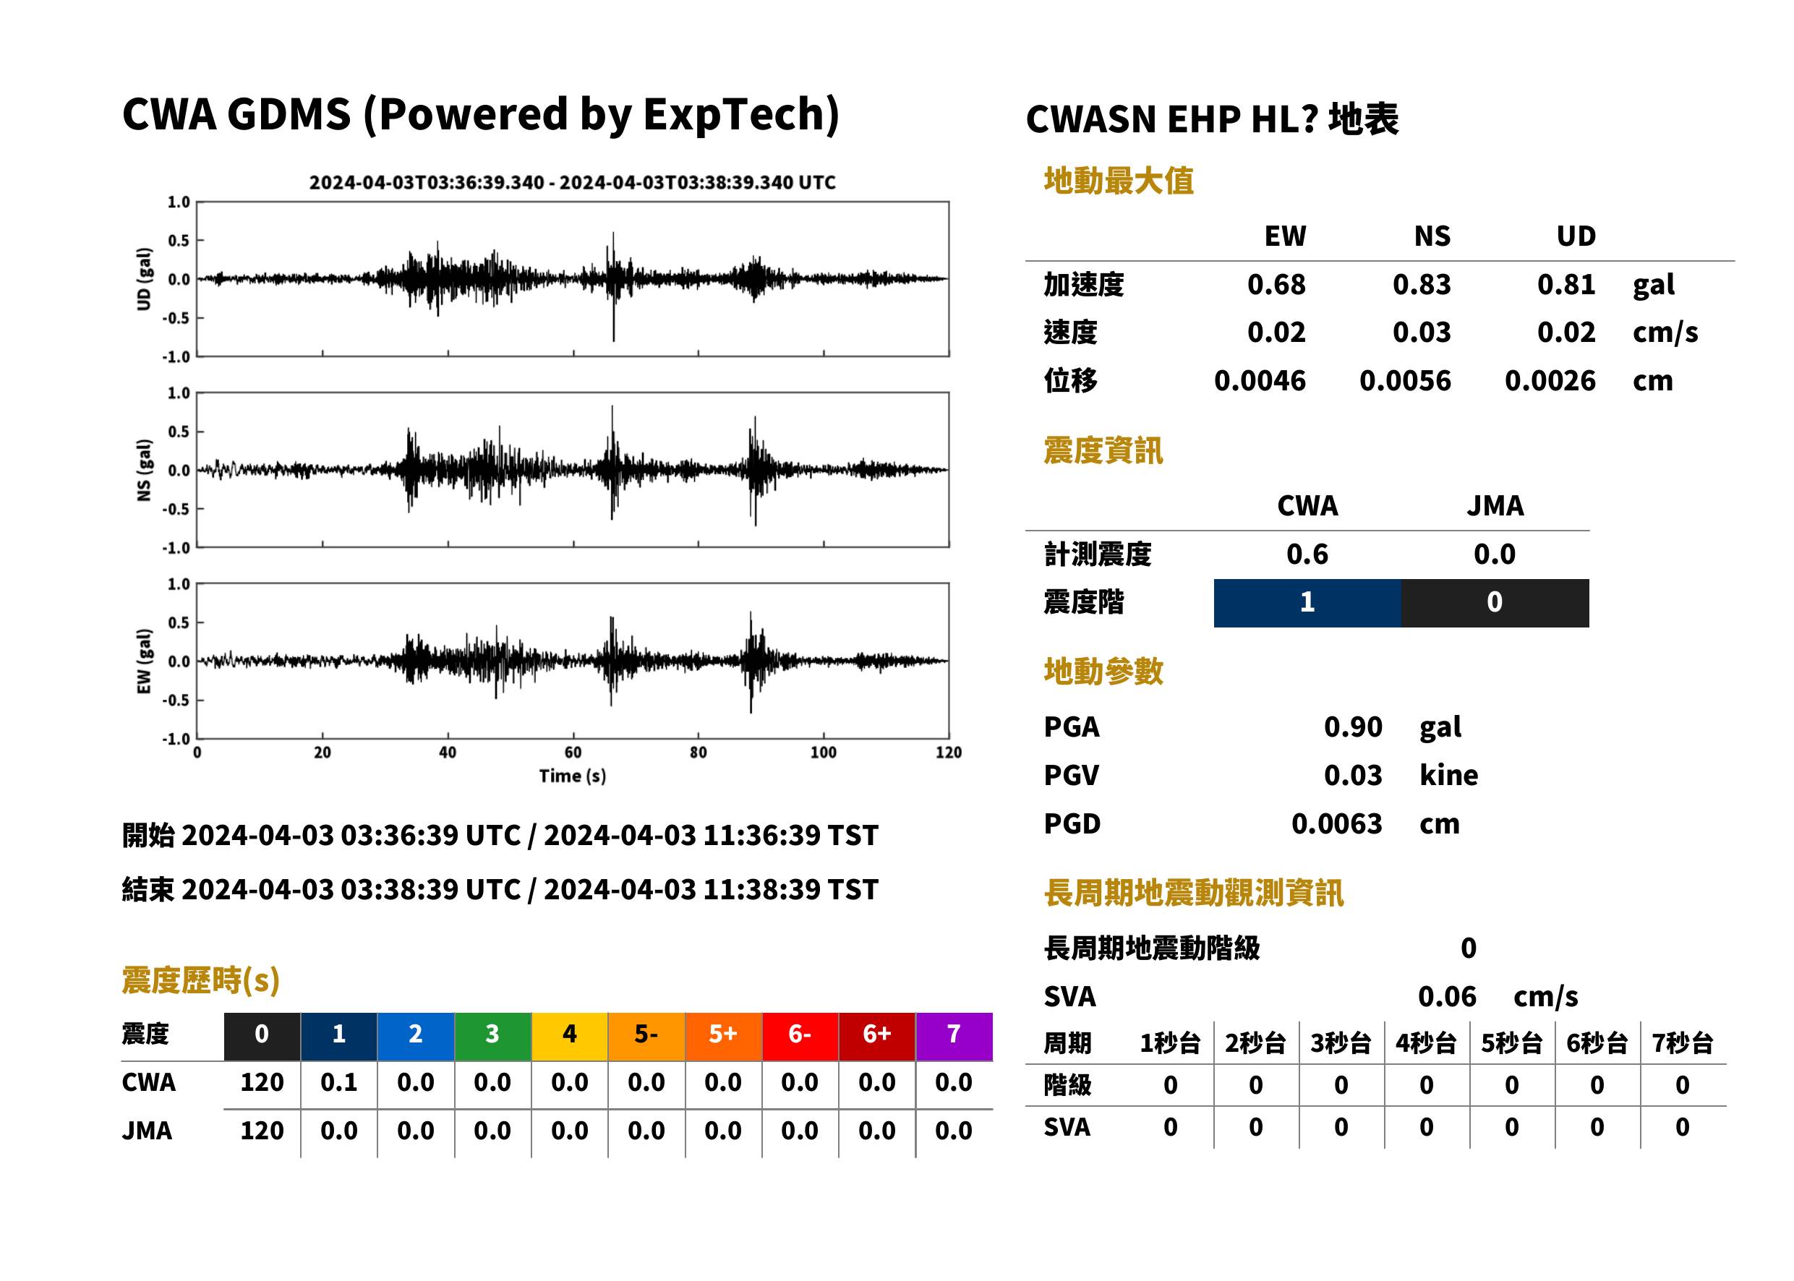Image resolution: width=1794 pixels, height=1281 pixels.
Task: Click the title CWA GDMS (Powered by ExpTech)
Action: (480, 114)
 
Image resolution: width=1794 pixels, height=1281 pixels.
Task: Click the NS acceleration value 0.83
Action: (1421, 284)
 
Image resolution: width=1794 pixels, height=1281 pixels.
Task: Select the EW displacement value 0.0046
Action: (1259, 381)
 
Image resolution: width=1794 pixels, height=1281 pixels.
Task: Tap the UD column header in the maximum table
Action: (1576, 236)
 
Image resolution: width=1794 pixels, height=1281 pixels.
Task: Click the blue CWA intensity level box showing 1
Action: (1307, 603)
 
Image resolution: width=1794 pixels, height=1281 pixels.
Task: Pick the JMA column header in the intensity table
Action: (1494, 505)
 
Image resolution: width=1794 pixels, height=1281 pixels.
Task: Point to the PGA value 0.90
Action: (1352, 727)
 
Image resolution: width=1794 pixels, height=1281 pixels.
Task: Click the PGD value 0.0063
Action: (1336, 823)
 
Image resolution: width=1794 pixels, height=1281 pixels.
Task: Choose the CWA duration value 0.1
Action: (338, 1082)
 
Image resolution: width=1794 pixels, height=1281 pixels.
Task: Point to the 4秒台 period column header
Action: (1425, 1042)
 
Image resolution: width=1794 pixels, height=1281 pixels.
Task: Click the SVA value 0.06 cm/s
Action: (1498, 996)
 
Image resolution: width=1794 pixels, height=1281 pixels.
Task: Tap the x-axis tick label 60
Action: (573, 753)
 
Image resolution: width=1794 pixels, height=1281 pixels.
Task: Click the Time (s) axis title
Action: (573, 776)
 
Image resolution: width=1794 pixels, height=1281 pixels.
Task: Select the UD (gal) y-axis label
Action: (144, 279)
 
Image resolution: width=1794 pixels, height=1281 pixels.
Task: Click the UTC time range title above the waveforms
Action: (572, 182)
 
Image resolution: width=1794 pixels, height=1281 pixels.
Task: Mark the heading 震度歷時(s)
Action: (201, 980)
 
